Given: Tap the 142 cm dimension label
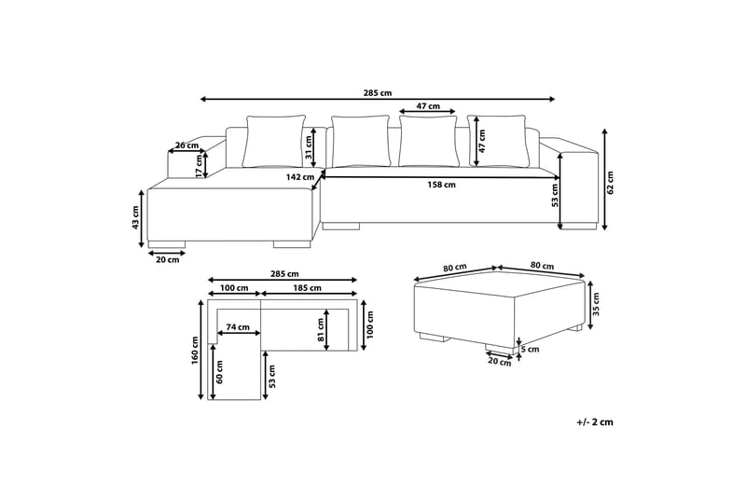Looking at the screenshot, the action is point(299,177).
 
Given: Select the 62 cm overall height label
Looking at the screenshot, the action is point(611,183).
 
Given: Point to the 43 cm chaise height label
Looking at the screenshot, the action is point(135,217).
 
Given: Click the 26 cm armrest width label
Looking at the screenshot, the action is point(187,145).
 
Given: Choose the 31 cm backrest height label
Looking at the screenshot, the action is point(308,147).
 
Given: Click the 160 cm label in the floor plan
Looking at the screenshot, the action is point(194,351).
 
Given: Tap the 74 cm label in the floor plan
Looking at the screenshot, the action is point(238,326).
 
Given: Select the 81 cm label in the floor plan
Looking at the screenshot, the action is point(321,330).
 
